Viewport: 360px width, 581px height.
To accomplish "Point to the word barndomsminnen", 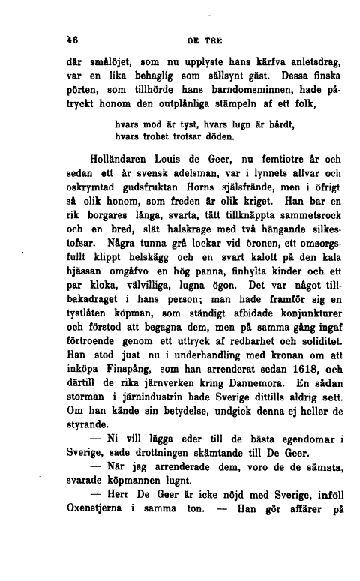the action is pyautogui.click(x=240, y=90).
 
